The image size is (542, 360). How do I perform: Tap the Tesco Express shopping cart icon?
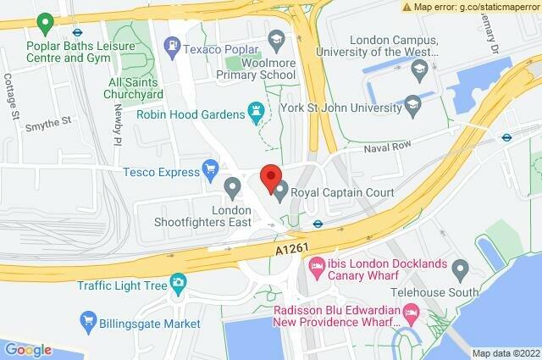click(x=210, y=170)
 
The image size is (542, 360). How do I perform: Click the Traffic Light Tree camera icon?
click(x=178, y=283)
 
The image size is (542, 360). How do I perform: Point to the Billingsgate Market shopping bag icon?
click(x=89, y=320)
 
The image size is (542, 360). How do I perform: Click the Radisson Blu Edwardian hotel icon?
click(x=412, y=315)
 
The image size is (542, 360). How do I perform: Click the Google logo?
click(x=28, y=349)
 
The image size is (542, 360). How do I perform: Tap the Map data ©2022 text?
click(x=505, y=353)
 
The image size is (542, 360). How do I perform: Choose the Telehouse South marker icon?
click(x=461, y=270)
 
